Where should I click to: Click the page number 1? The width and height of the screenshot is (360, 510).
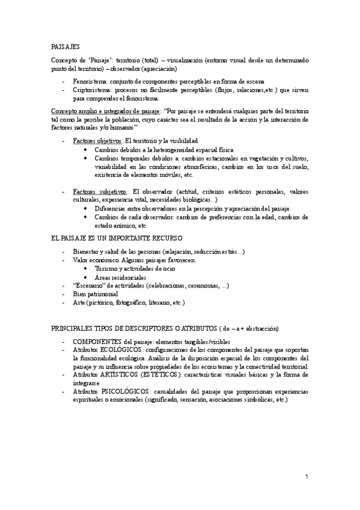coord(307,477)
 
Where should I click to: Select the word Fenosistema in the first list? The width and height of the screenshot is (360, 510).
coord(88,81)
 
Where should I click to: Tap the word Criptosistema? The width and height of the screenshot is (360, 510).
coord(90,89)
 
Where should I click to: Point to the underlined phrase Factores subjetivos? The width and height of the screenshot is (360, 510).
coord(96,191)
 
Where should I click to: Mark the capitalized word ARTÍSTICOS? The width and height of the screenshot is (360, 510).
coord(120,375)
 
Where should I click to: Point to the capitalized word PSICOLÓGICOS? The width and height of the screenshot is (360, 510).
coord(121,392)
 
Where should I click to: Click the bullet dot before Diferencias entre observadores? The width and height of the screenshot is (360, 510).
coord(88,208)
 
